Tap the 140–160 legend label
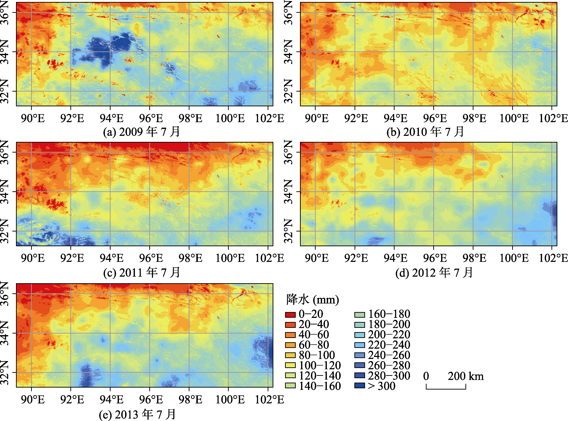(320, 386)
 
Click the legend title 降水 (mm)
(313, 300)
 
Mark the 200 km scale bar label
(466, 376)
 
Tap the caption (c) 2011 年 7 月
(142, 272)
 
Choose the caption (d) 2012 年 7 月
(434, 272)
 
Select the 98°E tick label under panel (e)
(190, 400)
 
